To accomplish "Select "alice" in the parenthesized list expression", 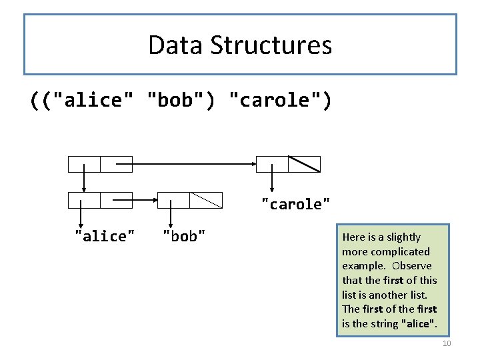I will [x=89, y=100].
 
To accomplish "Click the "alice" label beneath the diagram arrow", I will [x=105, y=236].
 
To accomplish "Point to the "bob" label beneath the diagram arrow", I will [x=184, y=236].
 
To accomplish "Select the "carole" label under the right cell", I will [x=295, y=204].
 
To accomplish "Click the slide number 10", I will [x=447, y=343].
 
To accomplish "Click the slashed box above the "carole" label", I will [x=304, y=164].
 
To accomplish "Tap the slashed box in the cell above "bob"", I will [x=205, y=199].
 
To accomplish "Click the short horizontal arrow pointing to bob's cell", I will [x=133, y=199].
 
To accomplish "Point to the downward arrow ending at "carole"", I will [x=272, y=179].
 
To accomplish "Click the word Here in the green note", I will [x=353, y=237].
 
